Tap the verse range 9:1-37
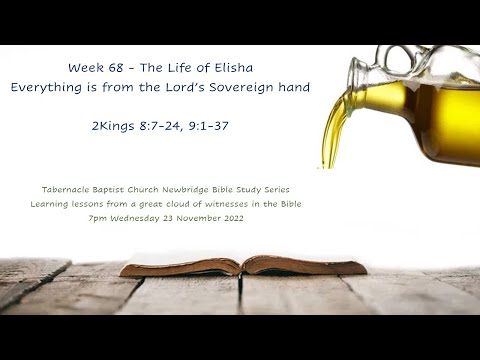pos(227,128)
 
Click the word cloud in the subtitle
pos(177,204)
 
